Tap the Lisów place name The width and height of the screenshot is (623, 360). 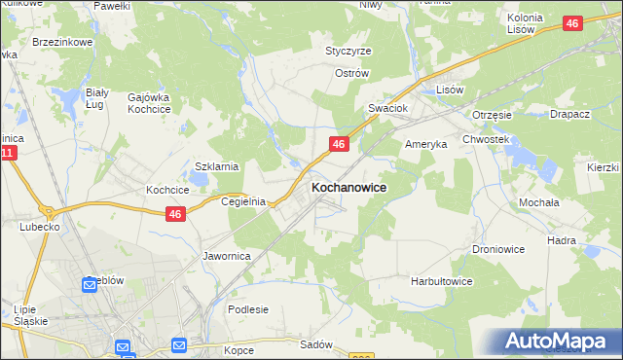(449, 89)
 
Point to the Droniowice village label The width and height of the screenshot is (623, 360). (498, 249)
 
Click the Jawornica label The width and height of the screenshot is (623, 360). (227, 256)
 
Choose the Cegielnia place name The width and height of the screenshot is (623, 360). (243, 201)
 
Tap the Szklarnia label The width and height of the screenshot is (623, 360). (217, 166)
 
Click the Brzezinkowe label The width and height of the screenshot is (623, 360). (62, 43)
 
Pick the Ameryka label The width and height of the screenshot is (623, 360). (425, 143)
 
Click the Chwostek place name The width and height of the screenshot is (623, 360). (487, 139)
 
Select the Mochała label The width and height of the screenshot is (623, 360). (538, 202)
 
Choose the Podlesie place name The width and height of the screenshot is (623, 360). (247, 309)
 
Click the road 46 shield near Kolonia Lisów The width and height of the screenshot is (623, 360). (573, 24)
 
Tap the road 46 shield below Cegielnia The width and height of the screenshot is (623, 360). (175, 214)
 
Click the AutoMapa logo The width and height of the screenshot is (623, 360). (557, 341)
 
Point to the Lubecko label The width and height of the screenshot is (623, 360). (39, 226)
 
